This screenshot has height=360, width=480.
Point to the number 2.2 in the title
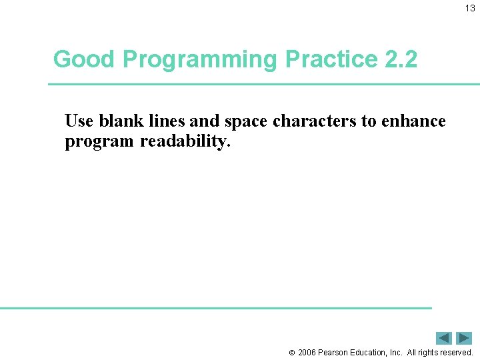pyautogui.click(x=401, y=59)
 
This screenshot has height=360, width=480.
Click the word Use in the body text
pyautogui.click(x=79, y=121)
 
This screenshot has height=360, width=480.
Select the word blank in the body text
pyautogui.click(x=119, y=121)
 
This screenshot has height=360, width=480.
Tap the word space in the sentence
pyautogui.click(x=247, y=121)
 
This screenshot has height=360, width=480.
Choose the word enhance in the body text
pyautogui.click(x=413, y=121)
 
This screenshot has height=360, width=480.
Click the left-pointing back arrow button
pyautogui.click(x=444, y=338)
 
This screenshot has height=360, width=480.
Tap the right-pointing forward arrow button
pyautogui.click(x=464, y=338)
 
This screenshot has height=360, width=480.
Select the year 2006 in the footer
pyautogui.click(x=307, y=352)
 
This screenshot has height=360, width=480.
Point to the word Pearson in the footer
pyautogui.click(x=333, y=352)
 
